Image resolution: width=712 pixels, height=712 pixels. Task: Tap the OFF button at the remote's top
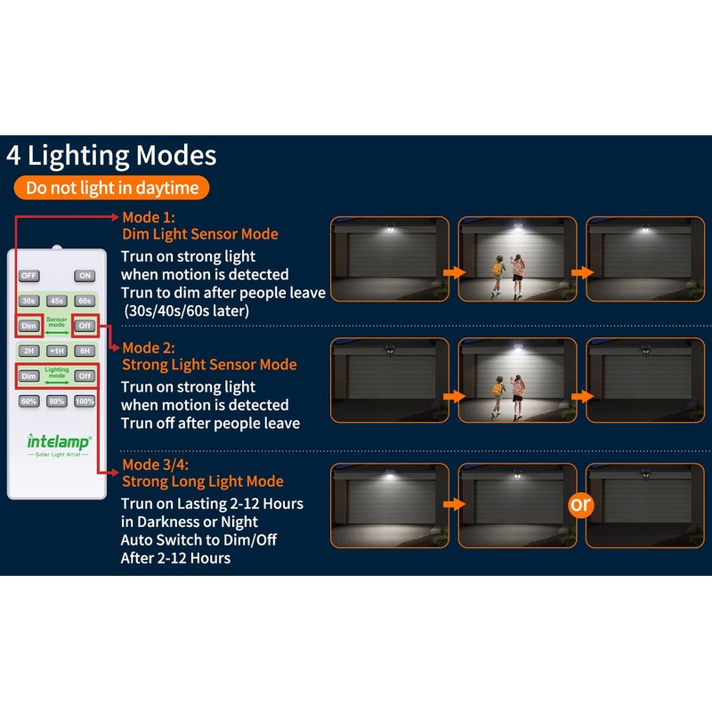[29, 276]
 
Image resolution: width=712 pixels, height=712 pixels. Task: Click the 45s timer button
[57, 301]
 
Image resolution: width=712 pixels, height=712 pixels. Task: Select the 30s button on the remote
[29, 301]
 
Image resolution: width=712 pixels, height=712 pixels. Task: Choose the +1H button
[57, 351]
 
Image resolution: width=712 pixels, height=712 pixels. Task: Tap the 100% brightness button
[85, 401]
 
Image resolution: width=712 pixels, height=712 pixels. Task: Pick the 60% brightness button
[29, 401]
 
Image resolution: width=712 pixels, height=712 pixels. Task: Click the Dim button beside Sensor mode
[29, 326]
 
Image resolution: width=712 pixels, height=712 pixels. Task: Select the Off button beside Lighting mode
[85, 376]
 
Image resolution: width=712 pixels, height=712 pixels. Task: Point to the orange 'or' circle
[580, 505]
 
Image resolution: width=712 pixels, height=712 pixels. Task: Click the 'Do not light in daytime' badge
[111, 188]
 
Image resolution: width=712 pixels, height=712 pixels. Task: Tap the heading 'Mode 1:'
[149, 217]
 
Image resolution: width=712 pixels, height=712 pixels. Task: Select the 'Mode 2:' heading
[149, 347]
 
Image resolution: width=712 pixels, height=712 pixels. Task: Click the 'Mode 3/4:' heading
[157, 465]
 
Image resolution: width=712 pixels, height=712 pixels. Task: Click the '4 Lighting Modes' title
[111, 156]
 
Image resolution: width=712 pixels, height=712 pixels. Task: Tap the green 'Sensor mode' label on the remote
[57, 322]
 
